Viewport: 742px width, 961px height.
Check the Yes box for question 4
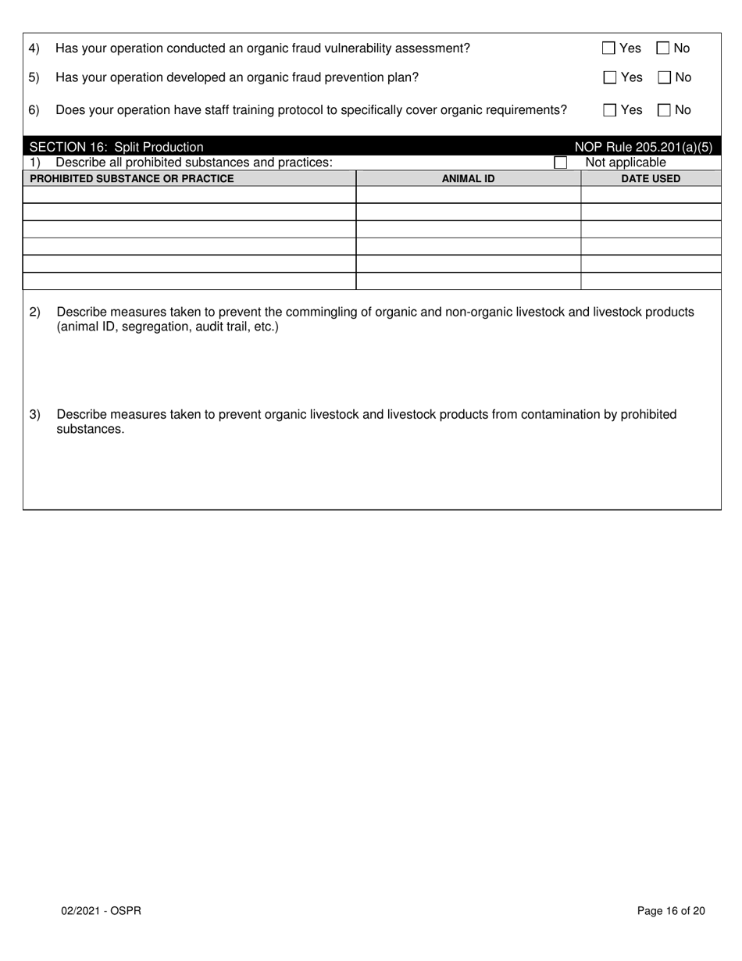coord(609,48)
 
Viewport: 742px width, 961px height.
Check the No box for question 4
coord(663,48)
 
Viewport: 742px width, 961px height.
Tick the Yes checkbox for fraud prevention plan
coord(610,77)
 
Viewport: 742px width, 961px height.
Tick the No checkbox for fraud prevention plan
coord(665,77)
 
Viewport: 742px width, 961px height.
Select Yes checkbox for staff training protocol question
coord(610,110)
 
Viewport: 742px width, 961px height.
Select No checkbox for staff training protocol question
coord(665,110)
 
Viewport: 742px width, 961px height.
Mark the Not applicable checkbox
coord(560,163)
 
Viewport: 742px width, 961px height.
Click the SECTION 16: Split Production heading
coord(116,147)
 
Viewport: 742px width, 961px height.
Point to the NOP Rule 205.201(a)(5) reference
coord(643,147)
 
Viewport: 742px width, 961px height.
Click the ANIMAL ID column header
coord(468,178)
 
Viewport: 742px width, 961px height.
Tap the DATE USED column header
coord(651,178)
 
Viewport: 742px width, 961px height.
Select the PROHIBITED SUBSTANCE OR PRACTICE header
coord(131,178)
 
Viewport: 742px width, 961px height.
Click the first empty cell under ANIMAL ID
coord(468,195)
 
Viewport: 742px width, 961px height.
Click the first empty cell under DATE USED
coord(651,195)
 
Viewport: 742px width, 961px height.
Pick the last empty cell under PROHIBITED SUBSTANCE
coord(189,281)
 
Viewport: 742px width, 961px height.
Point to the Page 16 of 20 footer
coord(671,910)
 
